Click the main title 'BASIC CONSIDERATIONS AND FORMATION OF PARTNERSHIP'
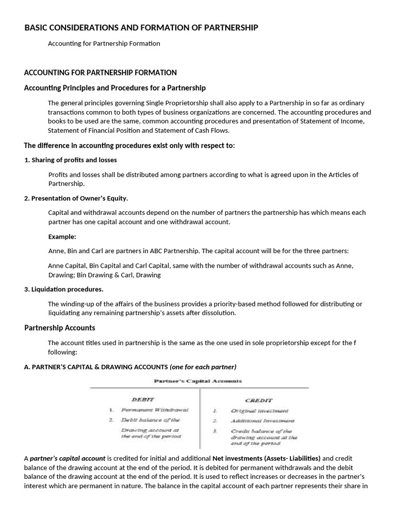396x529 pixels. click(x=141, y=27)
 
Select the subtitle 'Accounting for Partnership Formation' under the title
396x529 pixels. click(x=104, y=43)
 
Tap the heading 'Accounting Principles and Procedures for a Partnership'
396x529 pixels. click(x=115, y=88)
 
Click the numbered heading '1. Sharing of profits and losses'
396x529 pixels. click(x=71, y=160)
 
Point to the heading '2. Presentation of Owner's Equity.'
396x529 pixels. click(x=76, y=198)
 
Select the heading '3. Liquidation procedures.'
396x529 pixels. click(x=64, y=289)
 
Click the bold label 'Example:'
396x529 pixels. click(x=62, y=237)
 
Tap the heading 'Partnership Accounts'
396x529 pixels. click(x=60, y=328)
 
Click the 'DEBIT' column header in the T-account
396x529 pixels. click(x=143, y=399)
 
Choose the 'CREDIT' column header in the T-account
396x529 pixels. click(x=259, y=400)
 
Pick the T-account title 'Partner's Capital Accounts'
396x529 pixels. click(x=197, y=381)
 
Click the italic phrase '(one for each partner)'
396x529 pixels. click(x=203, y=367)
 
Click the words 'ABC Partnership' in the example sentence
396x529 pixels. click(x=173, y=251)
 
